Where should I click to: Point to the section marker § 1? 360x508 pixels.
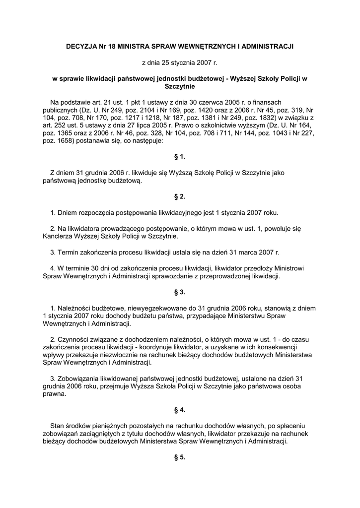click(x=180, y=157)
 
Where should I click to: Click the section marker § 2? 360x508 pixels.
click(x=180, y=197)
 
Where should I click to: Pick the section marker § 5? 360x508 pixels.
click(x=180, y=457)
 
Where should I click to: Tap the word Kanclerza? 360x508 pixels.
click(x=60, y=237)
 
